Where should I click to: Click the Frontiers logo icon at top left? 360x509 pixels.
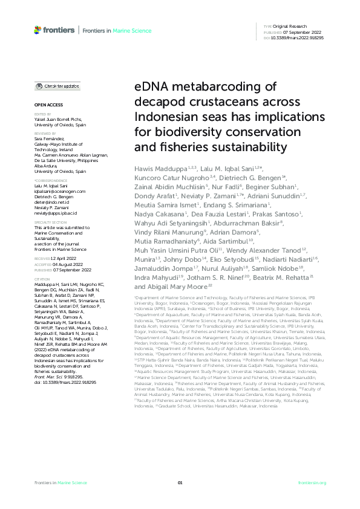pos(38,30)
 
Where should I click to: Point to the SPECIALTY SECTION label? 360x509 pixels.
pos(48,223)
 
